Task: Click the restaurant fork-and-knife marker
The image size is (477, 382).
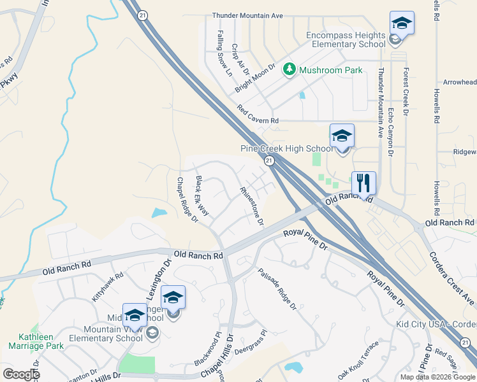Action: point(363,183)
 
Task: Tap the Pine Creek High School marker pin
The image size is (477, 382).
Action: point(342,136)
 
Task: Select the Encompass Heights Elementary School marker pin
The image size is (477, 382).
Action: point(402,24)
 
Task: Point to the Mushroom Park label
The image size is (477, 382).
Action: point(331,70)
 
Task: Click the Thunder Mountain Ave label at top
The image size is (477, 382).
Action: point(247,15)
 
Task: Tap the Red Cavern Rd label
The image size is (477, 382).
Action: point(258,115)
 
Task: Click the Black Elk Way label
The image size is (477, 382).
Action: point(202,195)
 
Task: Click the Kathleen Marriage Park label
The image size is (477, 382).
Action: point(36,341)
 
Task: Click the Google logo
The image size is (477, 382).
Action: point(21,374)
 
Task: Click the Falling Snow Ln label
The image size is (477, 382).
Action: point(224,53)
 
